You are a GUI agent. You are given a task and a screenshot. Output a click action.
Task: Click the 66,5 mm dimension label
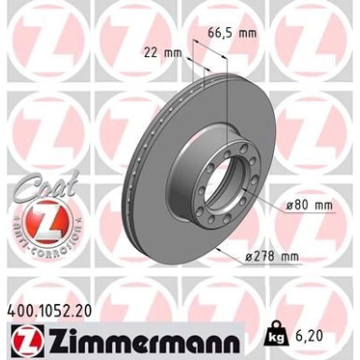point(229,31)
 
